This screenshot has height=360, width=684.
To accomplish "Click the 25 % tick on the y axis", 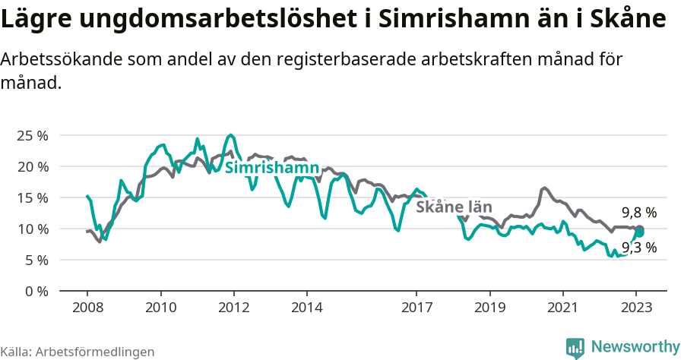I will pyautogui.click(x=33, y=135).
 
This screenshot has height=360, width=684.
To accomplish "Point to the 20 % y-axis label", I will pyautogui.click(x=33, y=166).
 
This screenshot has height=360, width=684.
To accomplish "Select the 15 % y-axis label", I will pyautogui.click(x=33, y=197).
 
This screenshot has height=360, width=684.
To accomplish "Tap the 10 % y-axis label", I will pyautogui.click(x=33, y=229).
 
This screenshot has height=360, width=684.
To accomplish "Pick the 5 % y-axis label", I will pyautogui.click(x=36, y=260).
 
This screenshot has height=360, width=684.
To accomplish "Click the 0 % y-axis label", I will pyautogui.click(x=36, y=291).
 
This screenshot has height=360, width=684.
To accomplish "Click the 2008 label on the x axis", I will pyautogui.click(x=87, y=308).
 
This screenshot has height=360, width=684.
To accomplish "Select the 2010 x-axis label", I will pyautogui.click(x=160, y=308).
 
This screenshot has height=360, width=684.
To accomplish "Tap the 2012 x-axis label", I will pyautogui.click(x=233, y=308).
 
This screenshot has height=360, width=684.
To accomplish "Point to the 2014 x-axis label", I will pyautogui.click(x=306, y=308).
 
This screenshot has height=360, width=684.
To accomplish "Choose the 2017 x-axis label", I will pyautogui.click(x=416, y=308).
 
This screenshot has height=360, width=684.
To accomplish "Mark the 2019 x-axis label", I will pyautogui.click(x=489, y=308).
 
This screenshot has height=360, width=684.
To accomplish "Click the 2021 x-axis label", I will pyautogui.click(x=563, y=308).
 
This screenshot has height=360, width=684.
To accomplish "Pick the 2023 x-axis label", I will pyautogui.click(x=636, y=308).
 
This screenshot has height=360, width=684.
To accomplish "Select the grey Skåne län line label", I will pyautogui.click(x=454, y=207).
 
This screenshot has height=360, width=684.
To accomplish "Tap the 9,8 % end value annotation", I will pyautogui.click(x=638, y=213).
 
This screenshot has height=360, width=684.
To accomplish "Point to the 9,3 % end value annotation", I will pyautogui.click(x=638, y=247).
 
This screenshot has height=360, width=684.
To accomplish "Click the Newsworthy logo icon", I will pyautogui.click(x=575, y=347).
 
